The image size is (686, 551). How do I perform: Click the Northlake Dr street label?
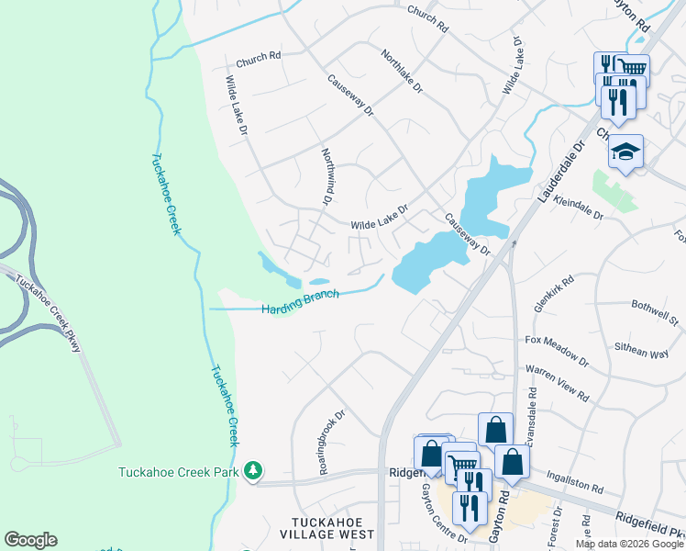click(402, 73)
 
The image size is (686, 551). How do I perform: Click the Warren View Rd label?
click(557, 384)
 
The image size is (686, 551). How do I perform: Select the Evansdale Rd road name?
click(532, 413)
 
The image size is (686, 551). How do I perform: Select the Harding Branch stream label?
click(300, 302)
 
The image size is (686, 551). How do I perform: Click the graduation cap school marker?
click(626, 152)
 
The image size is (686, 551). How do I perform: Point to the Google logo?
click(30, 540)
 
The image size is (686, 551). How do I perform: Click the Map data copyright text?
click(628, 544)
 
